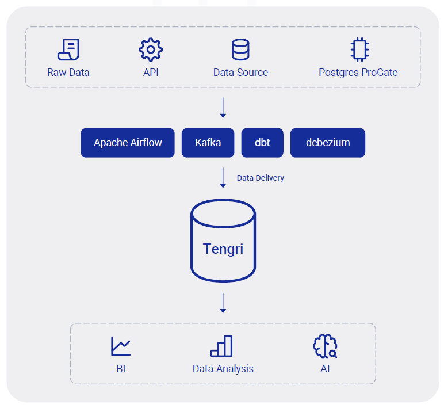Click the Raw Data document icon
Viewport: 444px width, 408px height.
[68, 49]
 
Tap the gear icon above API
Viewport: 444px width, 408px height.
[151, 49]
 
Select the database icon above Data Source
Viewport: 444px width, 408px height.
[240, 49]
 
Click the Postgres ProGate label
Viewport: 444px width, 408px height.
[358, 73]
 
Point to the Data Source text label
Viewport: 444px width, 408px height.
[240, 73]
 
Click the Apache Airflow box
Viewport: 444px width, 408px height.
[128, 143]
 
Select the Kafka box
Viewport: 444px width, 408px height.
[208, 143]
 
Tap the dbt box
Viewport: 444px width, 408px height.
[262, 143]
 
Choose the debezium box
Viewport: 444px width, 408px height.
[328, 143]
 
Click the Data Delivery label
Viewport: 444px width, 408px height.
[260, 178]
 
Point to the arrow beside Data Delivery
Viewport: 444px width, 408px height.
[223, 177]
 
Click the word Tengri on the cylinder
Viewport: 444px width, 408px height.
[223, 249]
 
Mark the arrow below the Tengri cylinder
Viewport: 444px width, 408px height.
[223, 303]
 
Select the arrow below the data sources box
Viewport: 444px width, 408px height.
[223, 108]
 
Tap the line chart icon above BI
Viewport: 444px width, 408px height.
[121, 346]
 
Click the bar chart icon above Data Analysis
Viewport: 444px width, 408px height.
[221, 346]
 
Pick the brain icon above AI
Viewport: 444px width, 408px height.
[325, 346]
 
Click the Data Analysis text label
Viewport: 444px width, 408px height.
[223, 369]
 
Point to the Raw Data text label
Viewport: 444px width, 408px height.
[68, 73]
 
